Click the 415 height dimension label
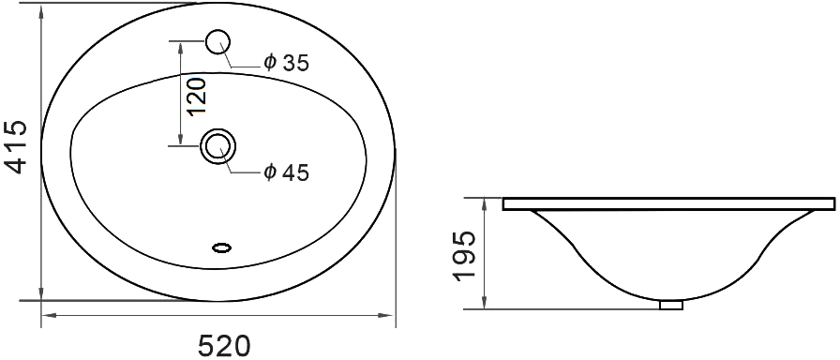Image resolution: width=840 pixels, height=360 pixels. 17,147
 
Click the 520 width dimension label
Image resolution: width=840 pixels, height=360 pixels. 225,346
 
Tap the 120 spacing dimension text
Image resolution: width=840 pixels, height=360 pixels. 196,96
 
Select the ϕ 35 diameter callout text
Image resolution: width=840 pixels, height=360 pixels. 287,63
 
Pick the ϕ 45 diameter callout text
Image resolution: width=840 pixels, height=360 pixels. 287,172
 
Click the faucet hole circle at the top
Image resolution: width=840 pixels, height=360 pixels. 218,41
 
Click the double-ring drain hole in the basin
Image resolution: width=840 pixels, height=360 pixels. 218,145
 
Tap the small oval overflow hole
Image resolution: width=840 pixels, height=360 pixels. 222,247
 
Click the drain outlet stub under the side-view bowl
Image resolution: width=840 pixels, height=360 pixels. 671,305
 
